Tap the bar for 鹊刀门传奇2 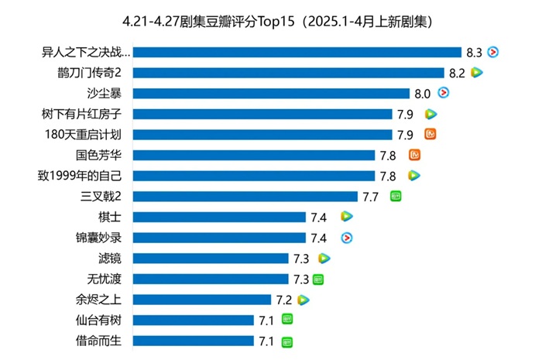[293, 73]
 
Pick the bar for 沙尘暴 [276, 94]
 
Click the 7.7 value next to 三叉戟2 [370, 197]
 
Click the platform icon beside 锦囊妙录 [348, 238]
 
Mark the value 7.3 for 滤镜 [301, 259]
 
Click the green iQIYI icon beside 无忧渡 [318, 279]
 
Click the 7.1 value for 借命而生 [267, 341]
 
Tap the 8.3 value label [475, 53]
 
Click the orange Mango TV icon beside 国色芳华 [414, 155]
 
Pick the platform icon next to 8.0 [443, 93]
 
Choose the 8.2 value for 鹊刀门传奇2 [457, 73]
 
